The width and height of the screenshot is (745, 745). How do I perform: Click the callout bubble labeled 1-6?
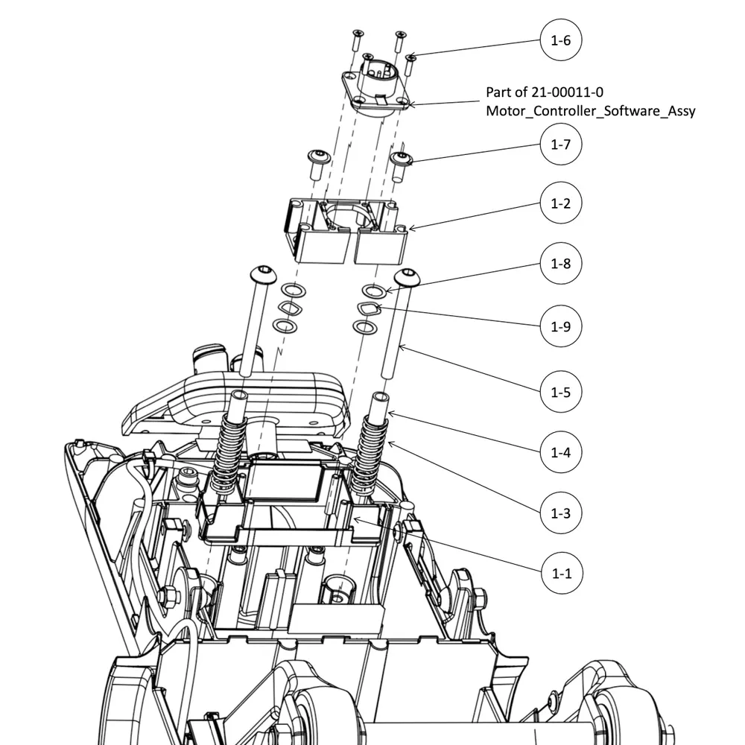pos(560,41)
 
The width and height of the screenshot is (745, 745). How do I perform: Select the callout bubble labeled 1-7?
pos(560,145)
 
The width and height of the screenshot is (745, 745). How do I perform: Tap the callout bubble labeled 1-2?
pos(560,203)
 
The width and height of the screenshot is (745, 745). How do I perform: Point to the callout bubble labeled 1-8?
pos(560,264)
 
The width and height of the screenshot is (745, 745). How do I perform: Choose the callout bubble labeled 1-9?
pos(560,326)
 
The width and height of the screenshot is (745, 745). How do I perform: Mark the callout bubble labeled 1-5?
pos(560,392)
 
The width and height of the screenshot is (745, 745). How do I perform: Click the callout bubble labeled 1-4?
pos(560,452)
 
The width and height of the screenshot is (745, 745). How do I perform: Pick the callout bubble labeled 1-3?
pos(560,513)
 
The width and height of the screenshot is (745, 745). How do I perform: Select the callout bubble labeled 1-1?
pos(560,574)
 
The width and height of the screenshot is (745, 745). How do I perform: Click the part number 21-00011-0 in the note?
pos(566,92)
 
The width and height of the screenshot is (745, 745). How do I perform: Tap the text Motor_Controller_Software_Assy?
pos(590,111)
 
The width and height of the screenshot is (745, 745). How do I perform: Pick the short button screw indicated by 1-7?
pos(402,162)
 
